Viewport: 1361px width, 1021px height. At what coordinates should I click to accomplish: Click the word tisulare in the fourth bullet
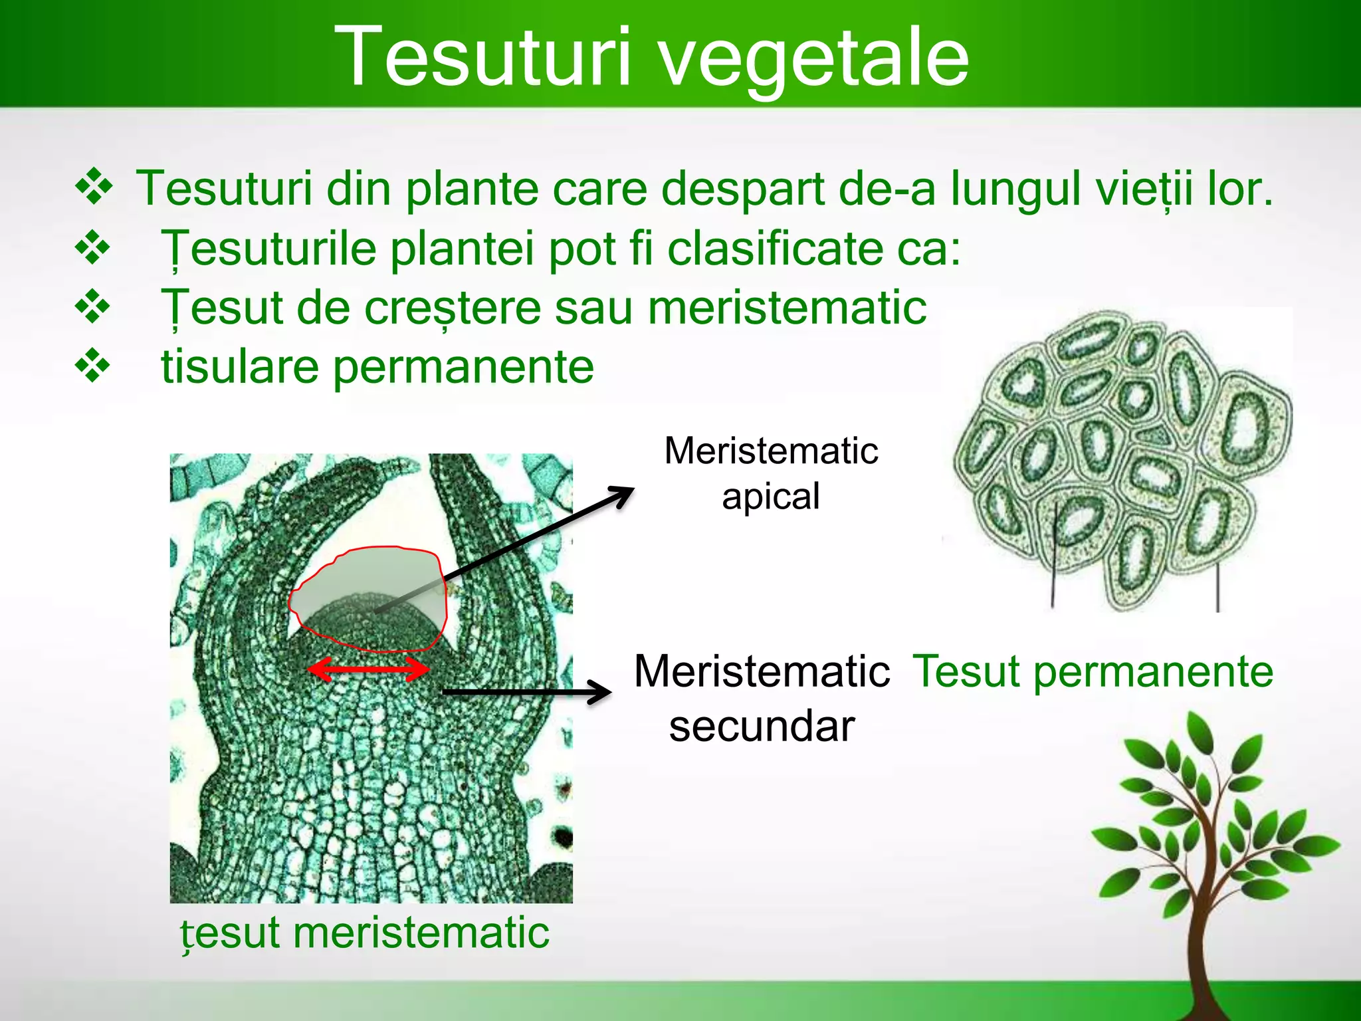(x=239, y=367)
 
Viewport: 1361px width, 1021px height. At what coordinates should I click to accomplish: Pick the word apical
(x=771, y=497)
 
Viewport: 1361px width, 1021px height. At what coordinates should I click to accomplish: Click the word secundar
(x=762, y=727)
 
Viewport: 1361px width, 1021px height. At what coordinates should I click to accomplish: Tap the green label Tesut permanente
(x=1093, y=672)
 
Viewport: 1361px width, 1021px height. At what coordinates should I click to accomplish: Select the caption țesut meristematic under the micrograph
(x=365, y=933)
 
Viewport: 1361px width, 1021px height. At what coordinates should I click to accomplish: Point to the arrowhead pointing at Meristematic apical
(x=622, y=495)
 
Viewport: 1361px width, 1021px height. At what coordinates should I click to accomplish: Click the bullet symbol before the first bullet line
(x=94, y=188)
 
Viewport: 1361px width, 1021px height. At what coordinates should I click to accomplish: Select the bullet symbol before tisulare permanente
(x=92, y=366)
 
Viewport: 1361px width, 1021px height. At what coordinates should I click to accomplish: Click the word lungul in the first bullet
(x=1016, y=189)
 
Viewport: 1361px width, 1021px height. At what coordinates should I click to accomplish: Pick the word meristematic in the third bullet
(x=787, y=308)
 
